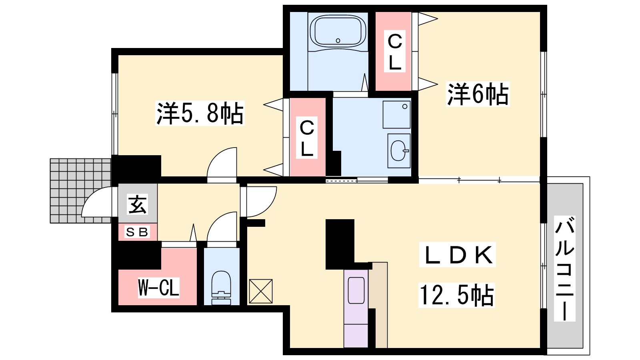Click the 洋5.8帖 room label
click(200, 113)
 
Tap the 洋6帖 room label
click(478, 94)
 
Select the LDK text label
click(458, 254)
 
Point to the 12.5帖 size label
click(456, 295)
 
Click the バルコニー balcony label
click(564, 268)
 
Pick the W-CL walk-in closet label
click(158, 288)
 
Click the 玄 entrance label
click(138, 204)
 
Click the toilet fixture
click(221, 288)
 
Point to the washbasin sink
click(399, 150)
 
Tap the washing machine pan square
click(396, 114)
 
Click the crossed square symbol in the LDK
click(261, 291)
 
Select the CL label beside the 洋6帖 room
click(395, 51)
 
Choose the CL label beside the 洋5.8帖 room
click(307, 138)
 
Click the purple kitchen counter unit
click(356, 308)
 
